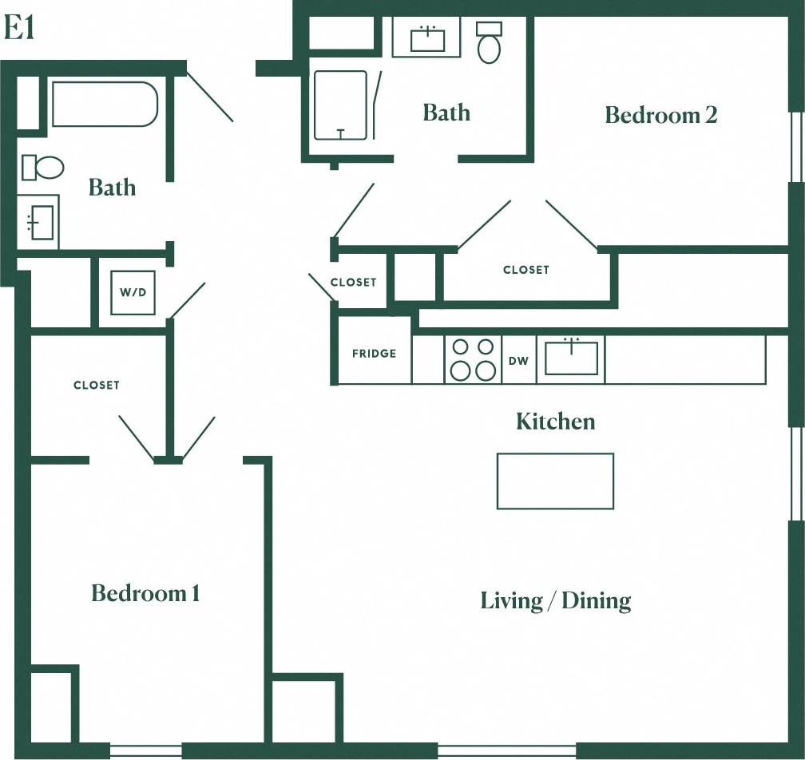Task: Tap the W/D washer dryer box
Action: [x=133, y=292]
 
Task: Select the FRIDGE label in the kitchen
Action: [x=374, y=354]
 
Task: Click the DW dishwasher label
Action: [x=519, y=361]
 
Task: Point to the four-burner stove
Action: [x=473, y=359]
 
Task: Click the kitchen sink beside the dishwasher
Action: [x=571, y=358]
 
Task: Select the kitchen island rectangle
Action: [x=555, y=481]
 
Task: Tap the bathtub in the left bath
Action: [x=105, y=104]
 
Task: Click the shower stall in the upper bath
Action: [x=340, y=105]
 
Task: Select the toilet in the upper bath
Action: [x=489, y=43]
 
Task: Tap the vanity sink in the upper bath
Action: [x=427, y=38]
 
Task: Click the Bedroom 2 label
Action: [x=660, y=115]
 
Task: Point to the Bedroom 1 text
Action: [x=145, y=593]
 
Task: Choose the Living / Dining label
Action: [x=555, y=600]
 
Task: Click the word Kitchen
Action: [x=555, y=421]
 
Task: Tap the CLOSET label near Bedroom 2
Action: [x=525, y=270]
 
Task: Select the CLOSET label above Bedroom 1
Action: [x=96, y=385]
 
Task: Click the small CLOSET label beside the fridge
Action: [x=353, y=282]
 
